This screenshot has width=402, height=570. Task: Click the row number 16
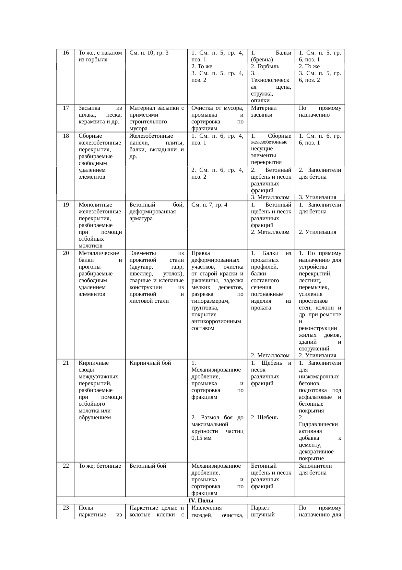click(x=66, y=53)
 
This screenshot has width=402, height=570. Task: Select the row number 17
click(x=66, y=108)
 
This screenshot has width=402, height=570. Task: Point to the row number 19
click(x=66, y=205)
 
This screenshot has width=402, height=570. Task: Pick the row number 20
click(x=66, y=253)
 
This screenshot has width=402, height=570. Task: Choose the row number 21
click(x=66, y=363)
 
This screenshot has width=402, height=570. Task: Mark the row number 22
click(x=66, y=466)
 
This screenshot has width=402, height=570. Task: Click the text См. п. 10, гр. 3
click(x=149, y=53)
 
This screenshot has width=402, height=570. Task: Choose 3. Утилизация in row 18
click(x=317, y=197)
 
